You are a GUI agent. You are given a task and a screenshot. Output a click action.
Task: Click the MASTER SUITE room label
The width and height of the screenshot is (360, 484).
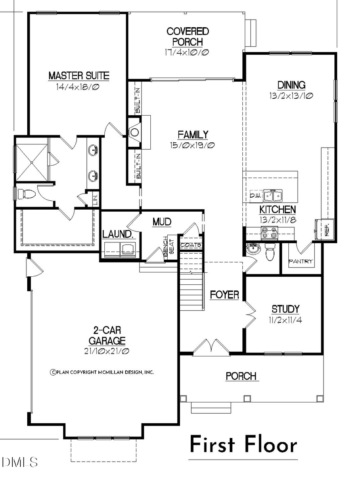point(78,75)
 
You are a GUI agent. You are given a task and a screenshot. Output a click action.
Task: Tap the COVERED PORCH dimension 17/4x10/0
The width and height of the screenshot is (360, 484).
point(188,52)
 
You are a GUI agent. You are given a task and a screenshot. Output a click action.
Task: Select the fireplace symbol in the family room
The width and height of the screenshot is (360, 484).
point(135,132)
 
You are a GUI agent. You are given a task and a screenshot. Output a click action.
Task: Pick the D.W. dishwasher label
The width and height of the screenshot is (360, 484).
point(255,196)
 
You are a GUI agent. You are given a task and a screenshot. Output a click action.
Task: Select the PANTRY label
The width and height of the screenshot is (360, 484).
point(301,262)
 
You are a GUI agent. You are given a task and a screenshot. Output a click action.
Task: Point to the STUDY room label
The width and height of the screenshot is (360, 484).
point(285,309)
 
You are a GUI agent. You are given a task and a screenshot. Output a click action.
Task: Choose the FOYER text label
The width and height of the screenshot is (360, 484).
point(224,295)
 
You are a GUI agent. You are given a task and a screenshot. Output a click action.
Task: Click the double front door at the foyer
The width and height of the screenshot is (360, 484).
point(211,346)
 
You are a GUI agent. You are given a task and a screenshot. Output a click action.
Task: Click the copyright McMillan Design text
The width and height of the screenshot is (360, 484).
point(102,372)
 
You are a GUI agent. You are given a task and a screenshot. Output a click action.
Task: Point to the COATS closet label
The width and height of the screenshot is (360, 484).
point(190,245)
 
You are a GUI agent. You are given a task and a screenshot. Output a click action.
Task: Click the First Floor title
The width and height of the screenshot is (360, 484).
point(243,445)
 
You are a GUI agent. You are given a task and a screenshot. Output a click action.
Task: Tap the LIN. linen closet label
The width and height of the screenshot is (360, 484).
point(95,200)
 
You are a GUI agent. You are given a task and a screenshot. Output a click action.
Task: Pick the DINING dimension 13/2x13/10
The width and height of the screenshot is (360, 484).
point(291,96)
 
